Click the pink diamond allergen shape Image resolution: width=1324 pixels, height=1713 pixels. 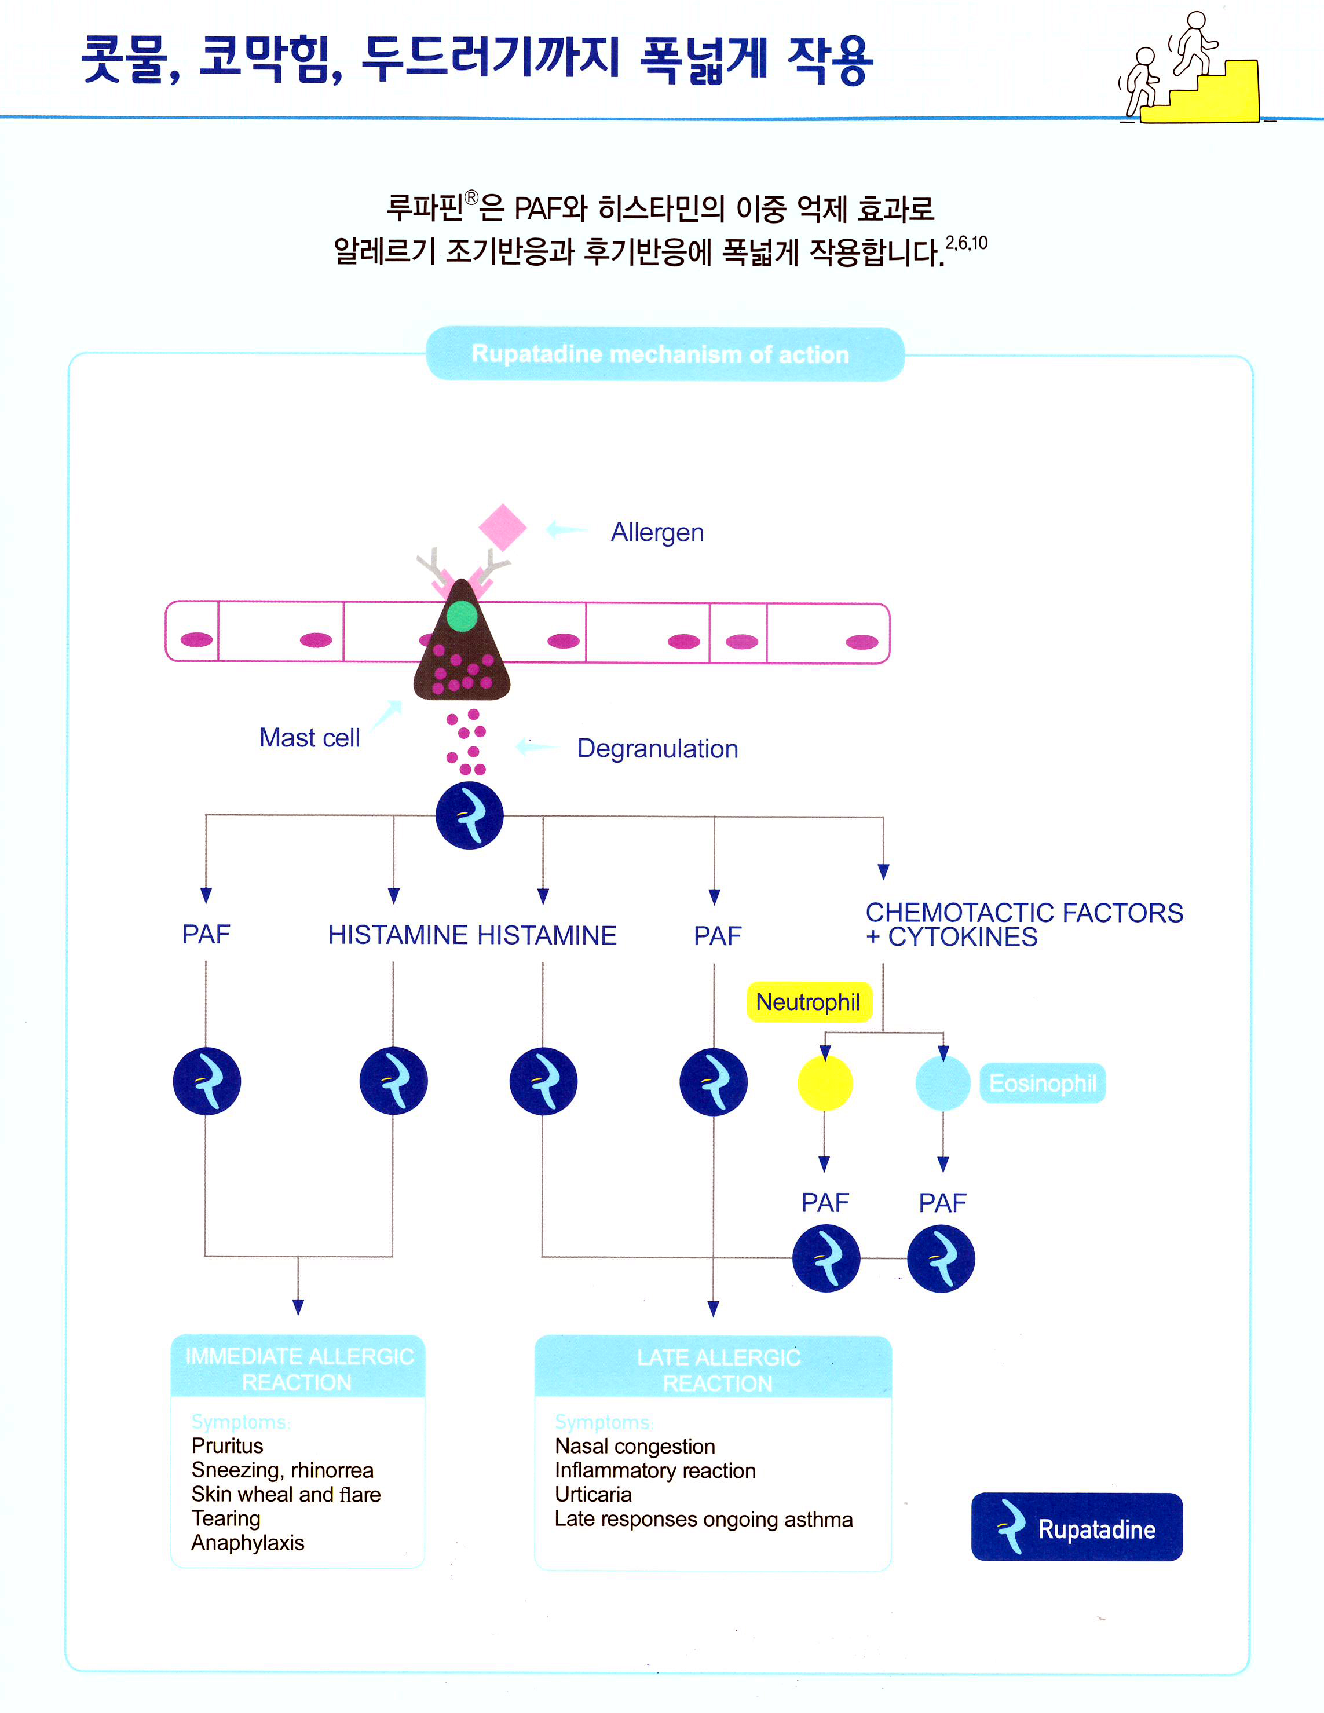click(503, 527)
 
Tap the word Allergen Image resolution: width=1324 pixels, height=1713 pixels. click(657, 533)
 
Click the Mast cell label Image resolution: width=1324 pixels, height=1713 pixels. click(309, 738)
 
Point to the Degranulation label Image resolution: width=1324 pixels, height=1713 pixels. click(657, 749)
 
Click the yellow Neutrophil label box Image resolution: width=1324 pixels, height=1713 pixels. click(809, 1002)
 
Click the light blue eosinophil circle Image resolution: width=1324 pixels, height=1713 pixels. click(943, 1083)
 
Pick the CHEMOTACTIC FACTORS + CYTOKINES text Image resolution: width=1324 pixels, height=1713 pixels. click(1023, 925)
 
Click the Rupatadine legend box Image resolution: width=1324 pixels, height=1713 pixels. click(1076, 1527)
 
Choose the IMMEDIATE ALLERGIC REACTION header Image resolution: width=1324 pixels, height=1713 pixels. click(298, 1368)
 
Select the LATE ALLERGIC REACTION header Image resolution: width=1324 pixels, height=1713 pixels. click(717, 1370)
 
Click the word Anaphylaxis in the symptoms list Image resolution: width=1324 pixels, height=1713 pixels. click(248, 1543)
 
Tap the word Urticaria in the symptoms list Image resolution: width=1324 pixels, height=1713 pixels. click(593, 1494)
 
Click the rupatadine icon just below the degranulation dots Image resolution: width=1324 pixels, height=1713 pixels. click(470, 816)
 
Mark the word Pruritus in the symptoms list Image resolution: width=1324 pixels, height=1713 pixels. click(228, 1445)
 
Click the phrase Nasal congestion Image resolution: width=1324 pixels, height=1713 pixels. click(635, 1447)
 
